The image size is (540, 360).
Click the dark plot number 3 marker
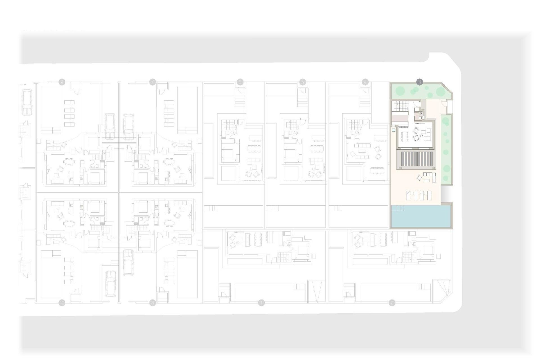coord(419,82)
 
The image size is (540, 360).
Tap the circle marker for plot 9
coord(62,82)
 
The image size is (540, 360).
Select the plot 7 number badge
coord(152,82)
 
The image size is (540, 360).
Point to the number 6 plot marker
coord(240,82)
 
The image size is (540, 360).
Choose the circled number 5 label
coord(303,82)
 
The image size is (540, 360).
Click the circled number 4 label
coord(365,82)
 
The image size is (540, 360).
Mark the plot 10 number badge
coord(62,303)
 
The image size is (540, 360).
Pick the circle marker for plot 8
coord(152,303)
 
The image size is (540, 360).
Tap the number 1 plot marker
coord(262,303)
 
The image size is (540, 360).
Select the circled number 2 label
coord(392,303)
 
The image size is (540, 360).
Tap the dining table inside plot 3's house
coord(405,137)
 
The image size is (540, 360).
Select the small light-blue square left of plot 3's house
coord(393,130)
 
